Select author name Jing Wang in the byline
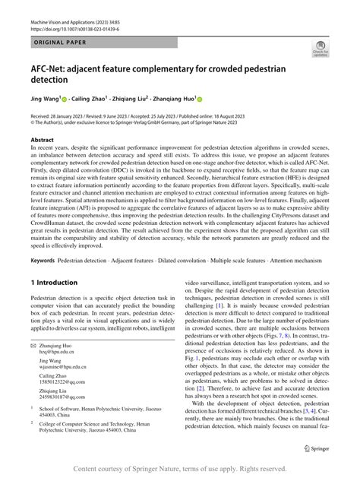pyautogui.click(x=46, y=98)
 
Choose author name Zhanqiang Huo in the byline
pyautogui.click(x=176, y=98)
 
